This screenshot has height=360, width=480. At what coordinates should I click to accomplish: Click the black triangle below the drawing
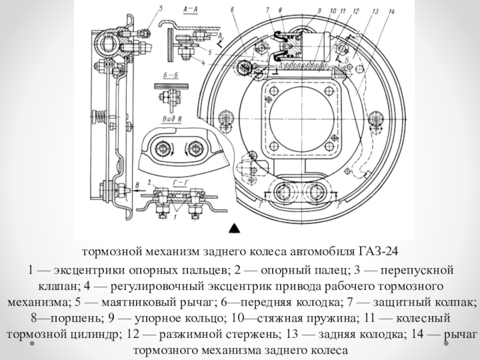(x=234, y=229)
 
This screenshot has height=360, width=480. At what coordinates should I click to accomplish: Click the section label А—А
(x=190, y=10)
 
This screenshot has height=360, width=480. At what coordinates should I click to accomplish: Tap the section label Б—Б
(x=171, y=76)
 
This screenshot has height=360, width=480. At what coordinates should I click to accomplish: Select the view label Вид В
(x=171, y=119)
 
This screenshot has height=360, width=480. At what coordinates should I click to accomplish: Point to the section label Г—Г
(x=181, y=183)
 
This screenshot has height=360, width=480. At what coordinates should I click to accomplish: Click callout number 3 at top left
(x=160, y=8)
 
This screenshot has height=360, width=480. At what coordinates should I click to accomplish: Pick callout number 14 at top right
(x=391, y=12)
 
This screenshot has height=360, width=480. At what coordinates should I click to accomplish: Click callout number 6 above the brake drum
(x=232, y=10)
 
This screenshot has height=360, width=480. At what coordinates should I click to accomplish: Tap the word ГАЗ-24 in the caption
(x=378, y=251)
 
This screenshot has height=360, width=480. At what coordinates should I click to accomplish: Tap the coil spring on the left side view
(x=100, y=116)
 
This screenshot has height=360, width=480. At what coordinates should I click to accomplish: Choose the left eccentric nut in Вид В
(x=161, y=149)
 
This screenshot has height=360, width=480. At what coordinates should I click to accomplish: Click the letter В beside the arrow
(x=137, y=185)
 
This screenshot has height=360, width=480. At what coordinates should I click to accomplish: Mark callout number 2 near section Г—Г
(x=149, y=183)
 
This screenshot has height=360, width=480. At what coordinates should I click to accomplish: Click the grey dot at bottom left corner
(x=32, y=343)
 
